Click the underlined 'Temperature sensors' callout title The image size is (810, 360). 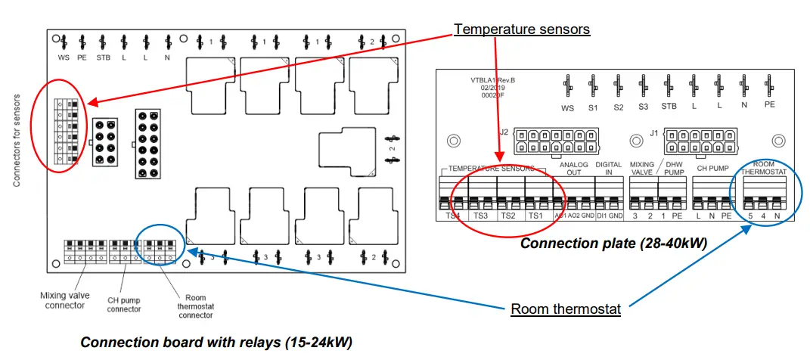point(521,29)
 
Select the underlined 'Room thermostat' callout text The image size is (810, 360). point(565,309)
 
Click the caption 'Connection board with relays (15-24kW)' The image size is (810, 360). point(216,342)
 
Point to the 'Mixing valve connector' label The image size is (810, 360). point(64,299)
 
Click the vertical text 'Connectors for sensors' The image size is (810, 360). point(17,141)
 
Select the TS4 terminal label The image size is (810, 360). point(453,216)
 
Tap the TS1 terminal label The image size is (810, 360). point(535,216)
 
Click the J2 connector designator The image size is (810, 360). point(504,132)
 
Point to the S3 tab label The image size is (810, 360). point(643,107)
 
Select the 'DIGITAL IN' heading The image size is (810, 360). point(609,168)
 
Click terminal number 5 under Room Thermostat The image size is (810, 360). point(749,216)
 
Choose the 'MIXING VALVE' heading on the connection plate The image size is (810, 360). point(642,168)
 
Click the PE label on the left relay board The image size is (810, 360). point(82,57)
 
